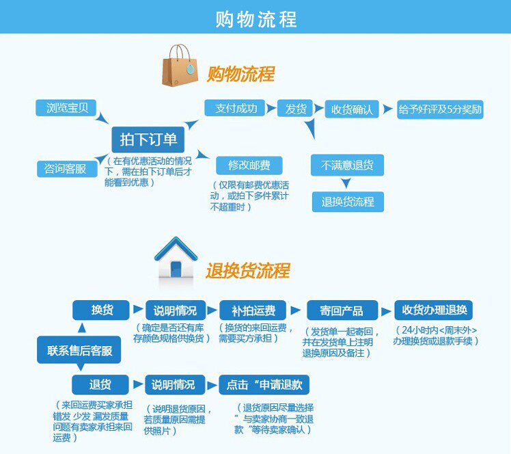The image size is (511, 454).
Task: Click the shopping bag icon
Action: (180, 66)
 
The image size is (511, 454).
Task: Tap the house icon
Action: (177, 259)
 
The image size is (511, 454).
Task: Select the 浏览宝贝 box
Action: (66, 108)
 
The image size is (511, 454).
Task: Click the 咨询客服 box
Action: (66, 168)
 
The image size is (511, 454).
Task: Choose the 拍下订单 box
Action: (148, 140)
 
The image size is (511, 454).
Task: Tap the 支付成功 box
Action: (236, 108)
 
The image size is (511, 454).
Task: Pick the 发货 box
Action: (295, 109)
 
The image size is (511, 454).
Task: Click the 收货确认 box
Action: (351, 109)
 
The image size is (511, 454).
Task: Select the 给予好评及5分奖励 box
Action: (440, 109)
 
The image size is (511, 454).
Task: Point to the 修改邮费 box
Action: (249, 165)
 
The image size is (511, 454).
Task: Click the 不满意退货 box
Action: (348, 165)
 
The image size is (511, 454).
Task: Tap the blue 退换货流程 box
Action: (348, 202)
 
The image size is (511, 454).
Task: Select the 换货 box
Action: (102, 310)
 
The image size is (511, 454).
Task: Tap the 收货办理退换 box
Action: (434, 310)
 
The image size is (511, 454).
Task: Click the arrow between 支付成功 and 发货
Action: (270, 109)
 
